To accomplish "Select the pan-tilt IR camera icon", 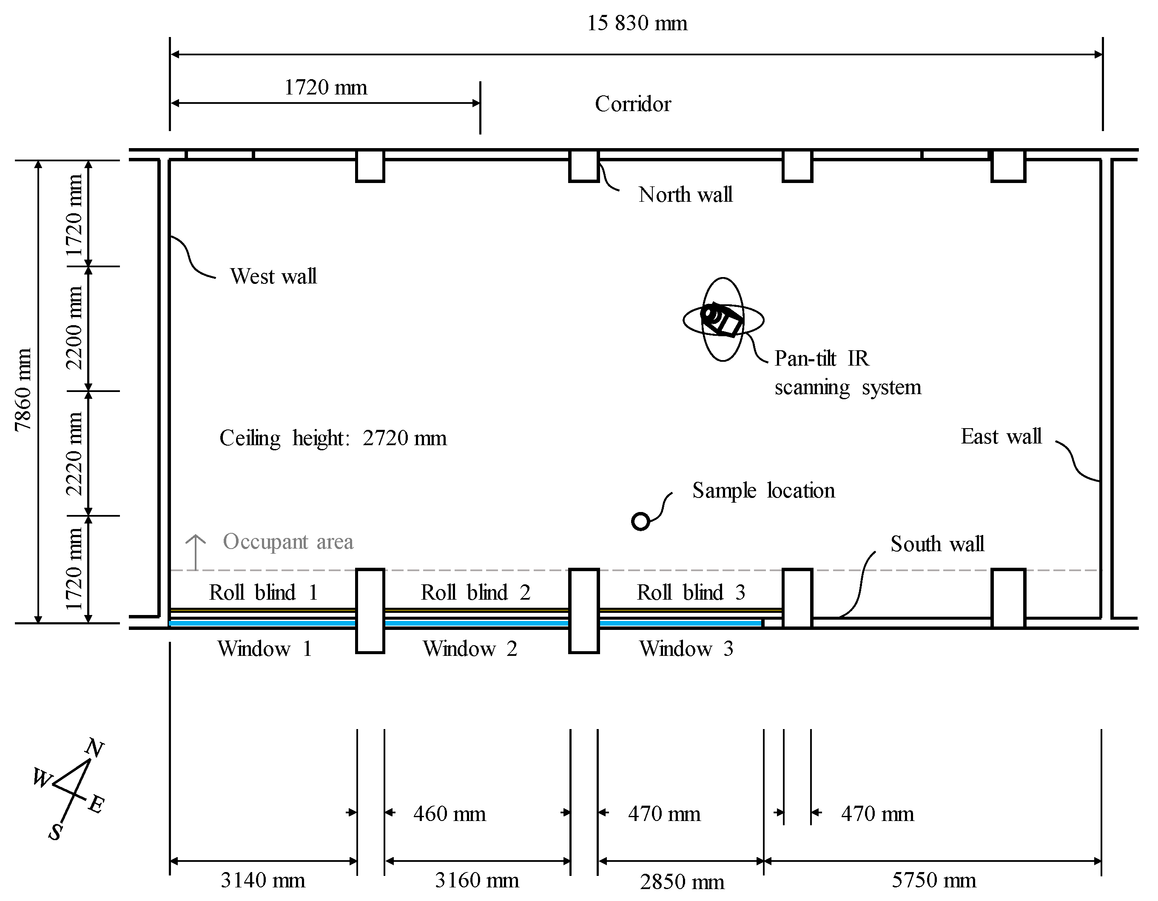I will click(x=722, y=320).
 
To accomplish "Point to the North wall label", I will click(x=685, y=195).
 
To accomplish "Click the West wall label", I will click(x=273, y=277).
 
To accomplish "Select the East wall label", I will click(x=1001, y=437).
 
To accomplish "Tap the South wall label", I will click(x=937, y=544).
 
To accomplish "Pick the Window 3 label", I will click(x=686, y=649).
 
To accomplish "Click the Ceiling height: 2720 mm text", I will click(x=333, y=438).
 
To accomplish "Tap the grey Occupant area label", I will click(x=288, y=542).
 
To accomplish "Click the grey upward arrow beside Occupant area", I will click(x=196, y=552).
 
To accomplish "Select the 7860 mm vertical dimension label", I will click(x=23, y=390).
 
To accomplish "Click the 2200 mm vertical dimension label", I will click(x=74, y=328).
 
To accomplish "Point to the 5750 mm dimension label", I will click(x=933, y=880).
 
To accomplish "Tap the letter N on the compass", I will click(x=94, y=748).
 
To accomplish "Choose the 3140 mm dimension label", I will click(x=262, y=880).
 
